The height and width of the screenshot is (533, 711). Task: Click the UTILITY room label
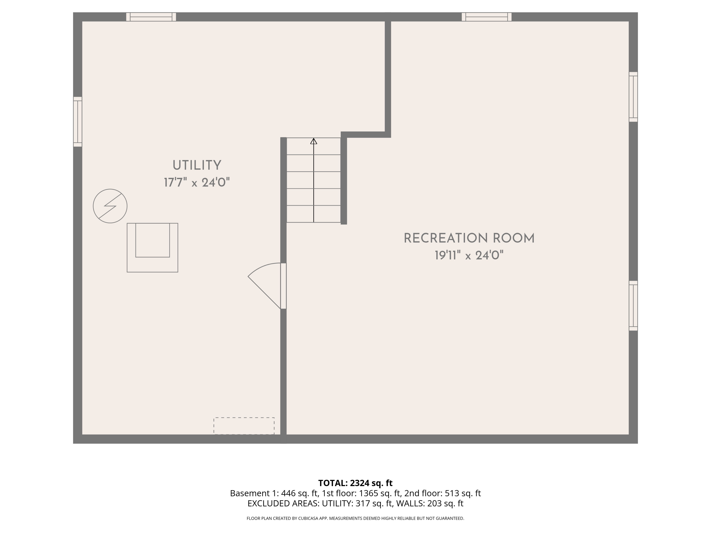tap(197, 165)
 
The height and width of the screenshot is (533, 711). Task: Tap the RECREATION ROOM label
tap(469, 238)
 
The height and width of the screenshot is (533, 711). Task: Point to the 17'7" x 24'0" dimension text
tap(197, 182)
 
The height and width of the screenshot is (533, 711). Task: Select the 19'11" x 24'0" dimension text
tap(469, 255)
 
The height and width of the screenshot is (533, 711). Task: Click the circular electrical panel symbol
tap(110, 206)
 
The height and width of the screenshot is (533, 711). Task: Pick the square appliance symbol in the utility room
tap(152, 247)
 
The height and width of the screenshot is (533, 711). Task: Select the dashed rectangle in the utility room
tap(244, 426)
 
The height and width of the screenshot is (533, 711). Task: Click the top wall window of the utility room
tap(151, 17)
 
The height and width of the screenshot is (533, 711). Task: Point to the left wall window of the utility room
tap(77, 122)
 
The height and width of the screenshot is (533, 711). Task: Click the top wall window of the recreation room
tap(486, 17)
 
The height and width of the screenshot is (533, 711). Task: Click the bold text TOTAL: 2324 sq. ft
tap(355, 483)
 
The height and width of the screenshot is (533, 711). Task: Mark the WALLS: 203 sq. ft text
tap(429, 503)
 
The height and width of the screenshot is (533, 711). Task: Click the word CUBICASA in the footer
tap(308, 518)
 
